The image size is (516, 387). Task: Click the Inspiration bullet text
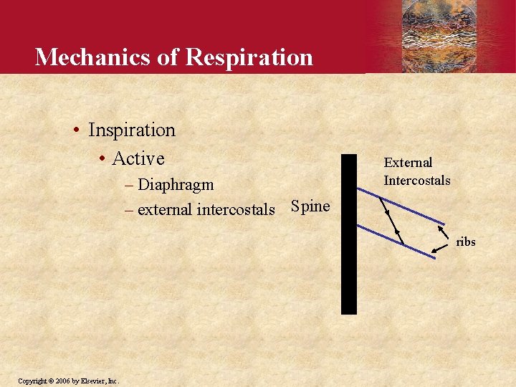(131, 130)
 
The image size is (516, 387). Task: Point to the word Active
(138, 158)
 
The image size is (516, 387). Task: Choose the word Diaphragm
(176, 184)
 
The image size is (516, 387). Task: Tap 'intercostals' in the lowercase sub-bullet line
(236, 209)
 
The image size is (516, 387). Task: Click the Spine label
(310, 207)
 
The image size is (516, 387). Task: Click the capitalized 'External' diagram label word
(408, 163)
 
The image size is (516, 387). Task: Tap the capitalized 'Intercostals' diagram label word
(416, 180)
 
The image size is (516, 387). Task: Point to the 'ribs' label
(466, 242)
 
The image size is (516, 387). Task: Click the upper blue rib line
(408, 209)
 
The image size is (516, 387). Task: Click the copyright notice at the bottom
(68, 380)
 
